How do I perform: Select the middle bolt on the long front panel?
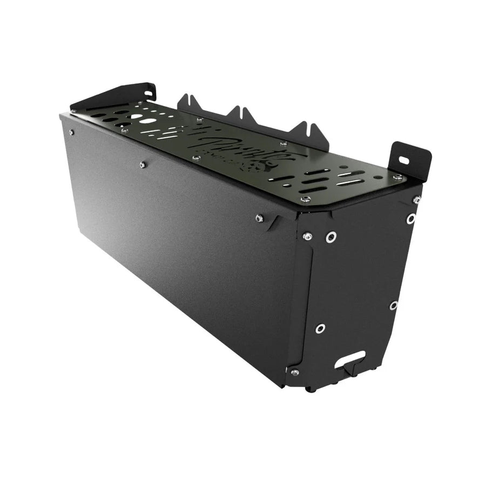143,165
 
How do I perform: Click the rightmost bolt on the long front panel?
259,218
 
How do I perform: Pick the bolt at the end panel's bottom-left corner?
294,372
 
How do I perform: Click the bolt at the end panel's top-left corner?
307,235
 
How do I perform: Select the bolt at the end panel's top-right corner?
416,200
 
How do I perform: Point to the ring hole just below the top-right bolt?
411,219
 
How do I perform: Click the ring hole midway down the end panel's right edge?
394,305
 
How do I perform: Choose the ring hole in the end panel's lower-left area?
320,328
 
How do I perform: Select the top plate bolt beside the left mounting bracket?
125,130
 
